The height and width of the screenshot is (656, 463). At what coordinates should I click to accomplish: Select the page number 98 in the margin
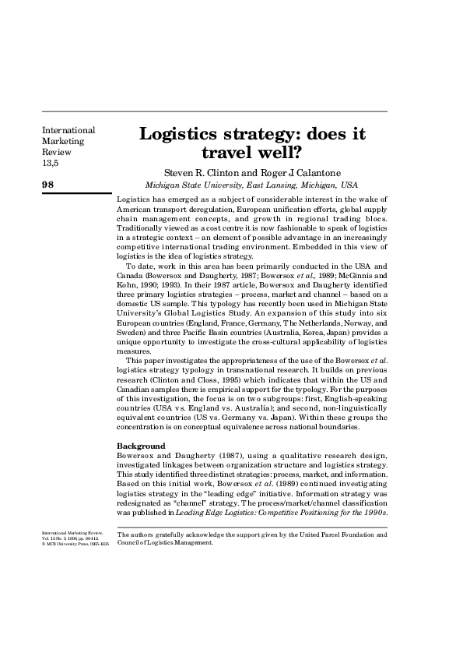click(x=48, y=184)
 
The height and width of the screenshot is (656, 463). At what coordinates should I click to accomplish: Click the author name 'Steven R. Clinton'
click(x=198, y=172)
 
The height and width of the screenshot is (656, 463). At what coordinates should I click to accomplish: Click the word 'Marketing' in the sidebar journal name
click(x=63, y=142)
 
